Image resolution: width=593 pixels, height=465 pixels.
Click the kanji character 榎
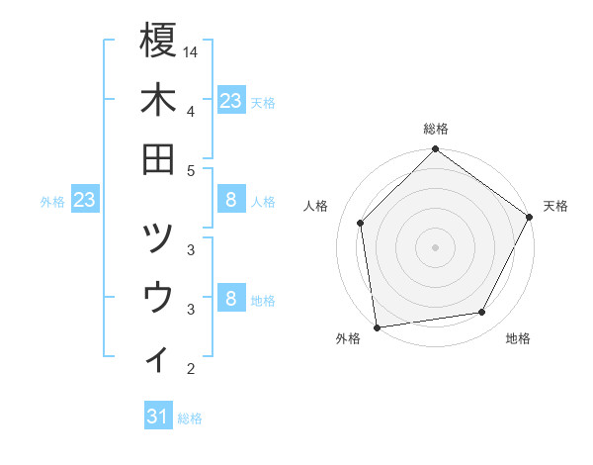click(158, 43)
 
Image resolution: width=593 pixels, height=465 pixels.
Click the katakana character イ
click(158, 356)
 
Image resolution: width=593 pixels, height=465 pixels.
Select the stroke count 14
click(191, 50)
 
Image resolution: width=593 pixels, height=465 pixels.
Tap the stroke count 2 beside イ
click(191, 369)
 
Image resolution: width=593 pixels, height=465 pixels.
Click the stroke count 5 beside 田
click(191, 170)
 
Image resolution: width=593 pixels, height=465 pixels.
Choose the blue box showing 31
click(157, 417)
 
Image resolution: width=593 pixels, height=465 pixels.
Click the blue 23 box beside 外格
click(84, 200)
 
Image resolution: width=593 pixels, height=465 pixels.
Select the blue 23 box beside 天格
click(230, 100)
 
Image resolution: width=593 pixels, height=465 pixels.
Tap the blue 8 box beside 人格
click(230, 200)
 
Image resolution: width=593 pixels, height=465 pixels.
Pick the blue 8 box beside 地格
click(230, 299)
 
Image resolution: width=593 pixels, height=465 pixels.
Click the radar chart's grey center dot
click(435, 246)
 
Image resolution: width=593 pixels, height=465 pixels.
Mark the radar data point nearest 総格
click(435, 150)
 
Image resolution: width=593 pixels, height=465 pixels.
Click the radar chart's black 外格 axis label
click(348, 338)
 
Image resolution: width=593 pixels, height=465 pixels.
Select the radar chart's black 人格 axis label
click(316, 206)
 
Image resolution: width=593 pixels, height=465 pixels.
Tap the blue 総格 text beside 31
click(190, 418)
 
